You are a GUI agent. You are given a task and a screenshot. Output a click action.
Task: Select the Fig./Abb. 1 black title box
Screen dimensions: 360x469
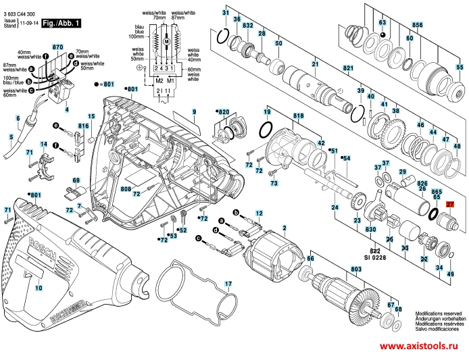pos(61,23)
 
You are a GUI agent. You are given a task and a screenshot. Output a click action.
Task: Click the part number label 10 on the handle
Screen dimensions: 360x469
pos(38,288)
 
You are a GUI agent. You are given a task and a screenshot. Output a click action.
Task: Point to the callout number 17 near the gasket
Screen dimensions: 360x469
pos(228,283)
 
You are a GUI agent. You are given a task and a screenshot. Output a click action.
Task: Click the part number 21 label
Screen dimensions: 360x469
pos(315,64)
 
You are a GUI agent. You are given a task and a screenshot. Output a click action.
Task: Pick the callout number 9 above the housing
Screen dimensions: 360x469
pos(193,111)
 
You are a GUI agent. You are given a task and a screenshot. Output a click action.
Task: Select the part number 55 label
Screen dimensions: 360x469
pos(460,68)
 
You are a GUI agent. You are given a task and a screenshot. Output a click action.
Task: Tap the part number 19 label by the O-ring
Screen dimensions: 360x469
pos(267,111)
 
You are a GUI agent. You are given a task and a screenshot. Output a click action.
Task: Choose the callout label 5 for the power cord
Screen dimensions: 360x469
pos(10,137)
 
